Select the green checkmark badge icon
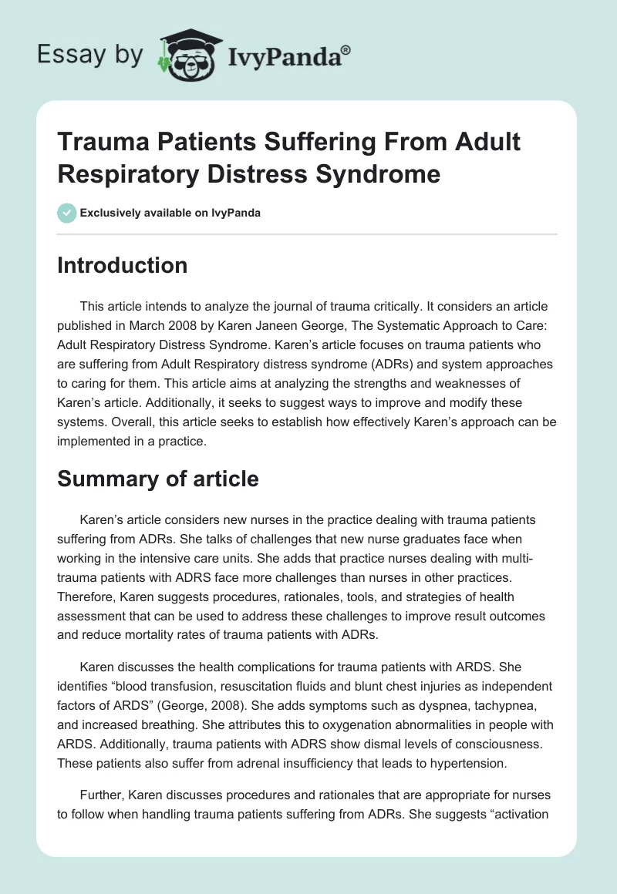66,213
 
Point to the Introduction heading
123,265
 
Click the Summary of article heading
158,479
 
